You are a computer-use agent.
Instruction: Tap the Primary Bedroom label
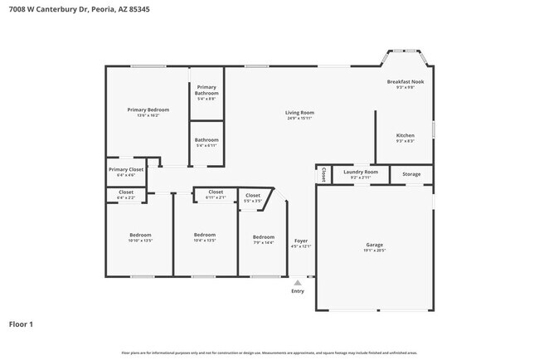148,112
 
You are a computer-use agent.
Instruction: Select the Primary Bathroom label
206,93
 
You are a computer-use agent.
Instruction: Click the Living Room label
299,114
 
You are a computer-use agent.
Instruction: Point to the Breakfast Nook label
405,84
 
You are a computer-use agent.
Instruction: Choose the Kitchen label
405,138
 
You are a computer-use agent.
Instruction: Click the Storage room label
411,174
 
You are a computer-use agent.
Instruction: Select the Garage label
375,246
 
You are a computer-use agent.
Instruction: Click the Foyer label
300,243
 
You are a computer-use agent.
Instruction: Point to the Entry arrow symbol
297,283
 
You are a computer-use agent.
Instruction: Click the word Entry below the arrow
297,291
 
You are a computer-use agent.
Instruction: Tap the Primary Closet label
126,172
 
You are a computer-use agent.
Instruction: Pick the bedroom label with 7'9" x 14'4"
263,239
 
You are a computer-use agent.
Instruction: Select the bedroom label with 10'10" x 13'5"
141,237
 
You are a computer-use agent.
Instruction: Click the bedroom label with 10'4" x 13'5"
205,237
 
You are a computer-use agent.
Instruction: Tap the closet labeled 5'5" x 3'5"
253,197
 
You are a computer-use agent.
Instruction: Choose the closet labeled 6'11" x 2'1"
215,194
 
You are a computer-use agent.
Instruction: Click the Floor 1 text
21,324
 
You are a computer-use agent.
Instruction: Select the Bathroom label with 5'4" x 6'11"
206,142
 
